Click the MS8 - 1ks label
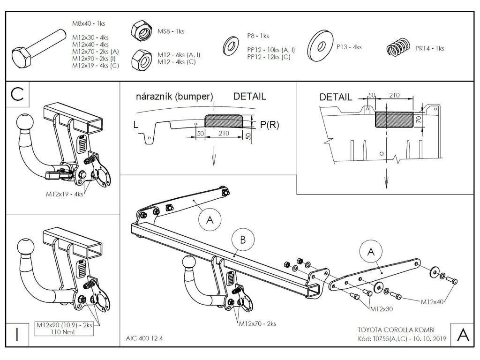click(x=171, y=31)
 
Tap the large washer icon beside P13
click(x=321, y=45)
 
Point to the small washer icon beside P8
click(x=231, y=46)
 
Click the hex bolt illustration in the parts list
click(x=39, y=48)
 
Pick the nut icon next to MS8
click(x=142, y=31)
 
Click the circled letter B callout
click(x=243, y=240)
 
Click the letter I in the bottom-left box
click(x=17, y=335)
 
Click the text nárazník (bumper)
click(x=174, y=97)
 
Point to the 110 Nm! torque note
click(x=64, y=331)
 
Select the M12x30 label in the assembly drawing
click(x=382, y=309)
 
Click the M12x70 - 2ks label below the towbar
click(x=257, y=323)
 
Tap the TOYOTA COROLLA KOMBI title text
click(x=396, y=330)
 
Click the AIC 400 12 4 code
click(x=144, y=338)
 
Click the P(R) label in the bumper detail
click(x=270, y=124)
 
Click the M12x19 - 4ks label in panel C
click(x=64, y=194)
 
